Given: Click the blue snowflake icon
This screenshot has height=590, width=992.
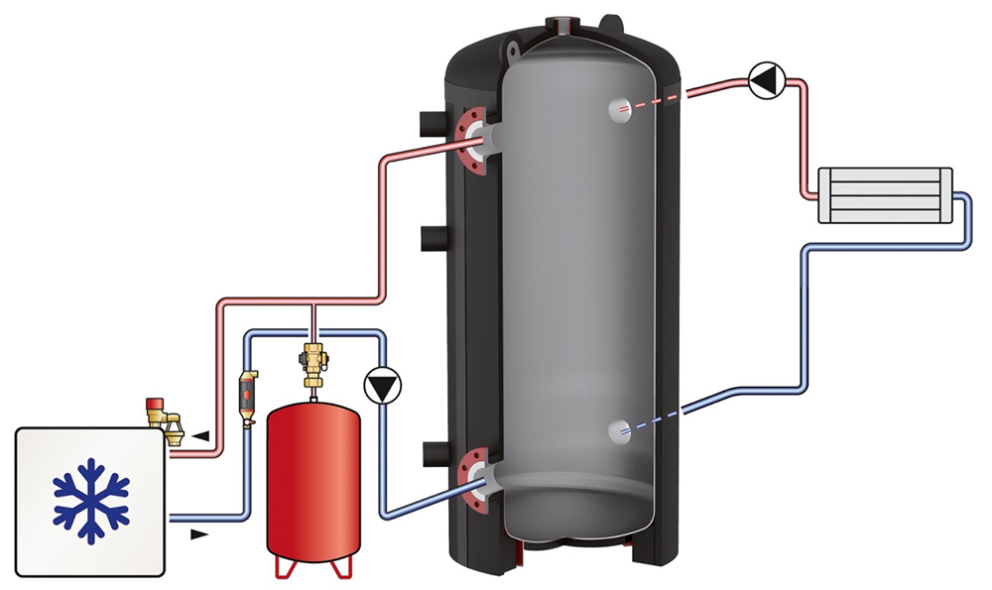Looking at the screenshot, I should tap(91, 500).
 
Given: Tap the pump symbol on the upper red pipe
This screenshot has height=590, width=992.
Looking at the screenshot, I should tap(764, 80).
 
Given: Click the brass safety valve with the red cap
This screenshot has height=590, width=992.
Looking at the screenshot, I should tap(160, 415).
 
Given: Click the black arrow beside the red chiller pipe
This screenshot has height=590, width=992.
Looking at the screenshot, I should tap(201, 435).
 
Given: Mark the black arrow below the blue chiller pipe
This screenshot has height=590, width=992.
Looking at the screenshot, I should tap(201, 534).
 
